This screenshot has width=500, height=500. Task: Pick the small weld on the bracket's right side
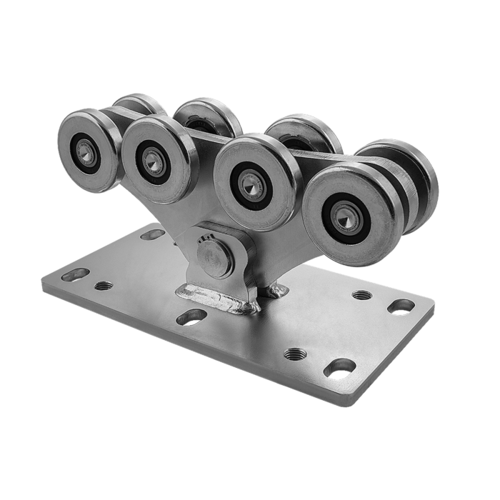276,289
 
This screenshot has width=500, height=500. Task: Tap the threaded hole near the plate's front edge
294,353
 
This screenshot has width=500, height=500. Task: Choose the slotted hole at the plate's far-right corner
399,306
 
